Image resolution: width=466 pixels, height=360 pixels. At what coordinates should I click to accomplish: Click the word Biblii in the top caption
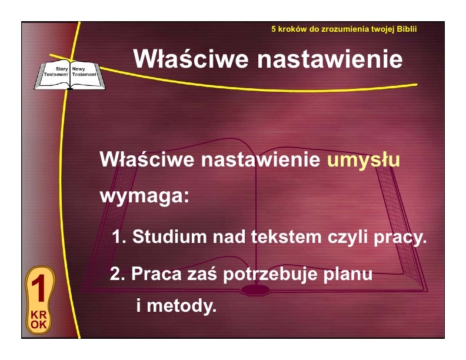pyautogui.click(x=407, y=29)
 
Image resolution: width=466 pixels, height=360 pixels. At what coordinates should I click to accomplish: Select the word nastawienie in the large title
pyautogui.click(x=330, y=59)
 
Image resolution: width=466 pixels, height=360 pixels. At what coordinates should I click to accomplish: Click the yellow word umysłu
pyautogui.click(x=364, y=161)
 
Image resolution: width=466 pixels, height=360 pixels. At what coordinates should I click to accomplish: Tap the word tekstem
pyautogui.click(x=287, y=236)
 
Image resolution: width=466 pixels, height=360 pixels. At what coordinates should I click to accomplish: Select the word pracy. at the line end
pyautogui.click(x=400, y=237)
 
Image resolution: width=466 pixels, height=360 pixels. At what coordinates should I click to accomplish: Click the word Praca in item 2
pyautogui.click(x=157, y=274)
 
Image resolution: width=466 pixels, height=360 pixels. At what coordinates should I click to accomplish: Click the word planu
pyautogui.click(x=348, y=274)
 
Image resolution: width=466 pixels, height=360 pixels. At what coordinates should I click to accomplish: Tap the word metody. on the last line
pyautogui.click(x=182, y=306)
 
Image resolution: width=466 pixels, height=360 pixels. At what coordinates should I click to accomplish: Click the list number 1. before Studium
pyautogui.click(x=119, y=237)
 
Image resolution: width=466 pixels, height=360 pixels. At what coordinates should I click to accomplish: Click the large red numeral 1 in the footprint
pyautogui.click(x=39, y=289)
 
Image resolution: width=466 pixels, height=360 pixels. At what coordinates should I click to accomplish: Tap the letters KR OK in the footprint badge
pyautogui.click(x=39, y=320)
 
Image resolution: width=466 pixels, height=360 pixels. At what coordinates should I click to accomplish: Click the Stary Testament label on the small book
pyautogui.click(x=56, y=72)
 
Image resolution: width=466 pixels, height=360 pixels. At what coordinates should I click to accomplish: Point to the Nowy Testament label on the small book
pyautogui.click(x=84, y=72)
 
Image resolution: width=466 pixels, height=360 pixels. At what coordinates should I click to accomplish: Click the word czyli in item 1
pyautogui.click(x=347, y=237)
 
